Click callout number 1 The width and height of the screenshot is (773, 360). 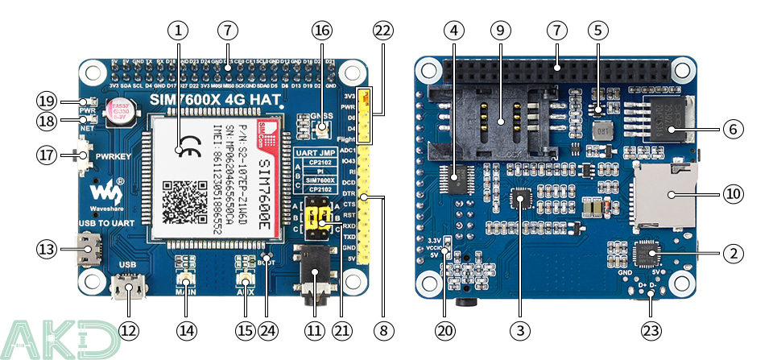178,31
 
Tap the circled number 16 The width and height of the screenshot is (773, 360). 322,31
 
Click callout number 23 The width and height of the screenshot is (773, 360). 652,330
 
